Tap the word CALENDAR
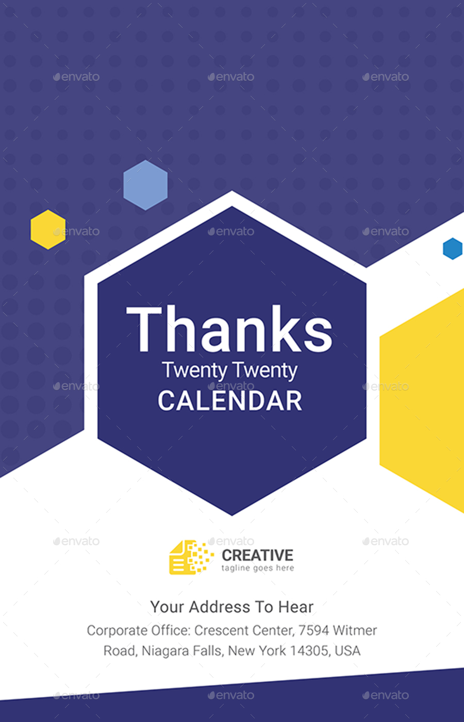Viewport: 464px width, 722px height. pos(230,401)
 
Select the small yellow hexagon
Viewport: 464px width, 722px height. pos(48,229)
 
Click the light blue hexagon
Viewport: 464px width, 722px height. pos(145,185)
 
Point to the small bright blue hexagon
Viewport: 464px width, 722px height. pos(453,248)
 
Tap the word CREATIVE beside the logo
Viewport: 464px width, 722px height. pos(257,555)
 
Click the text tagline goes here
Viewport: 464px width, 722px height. pos(257,568)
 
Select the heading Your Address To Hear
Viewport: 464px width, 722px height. pos(232,607)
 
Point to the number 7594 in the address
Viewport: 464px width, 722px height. pos(313,630)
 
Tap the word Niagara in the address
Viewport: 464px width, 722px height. pos(165,651)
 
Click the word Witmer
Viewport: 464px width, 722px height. pos(355,630)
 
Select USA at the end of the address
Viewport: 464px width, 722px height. pos(347,651)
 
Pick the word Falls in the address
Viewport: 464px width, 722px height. pos(208,651)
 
